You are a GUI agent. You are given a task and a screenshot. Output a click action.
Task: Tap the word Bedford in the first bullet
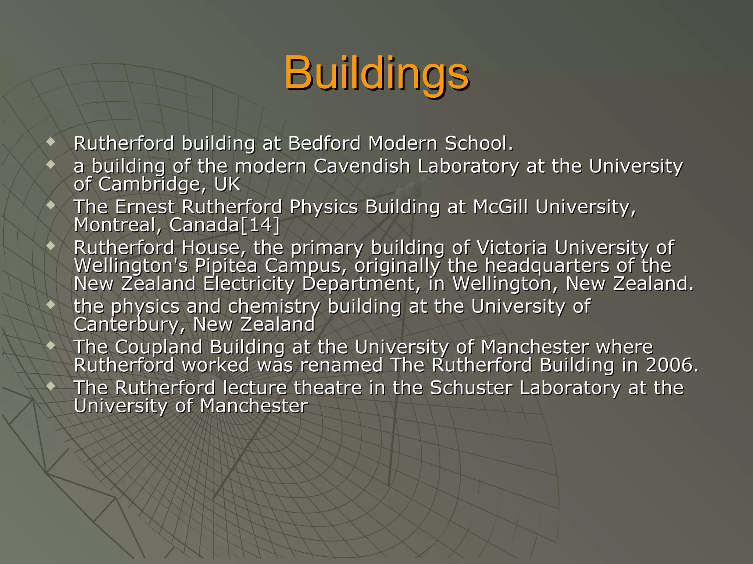324,143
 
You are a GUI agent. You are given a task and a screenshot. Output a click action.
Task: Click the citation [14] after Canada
260,225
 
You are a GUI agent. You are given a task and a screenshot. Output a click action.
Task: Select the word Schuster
471,388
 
